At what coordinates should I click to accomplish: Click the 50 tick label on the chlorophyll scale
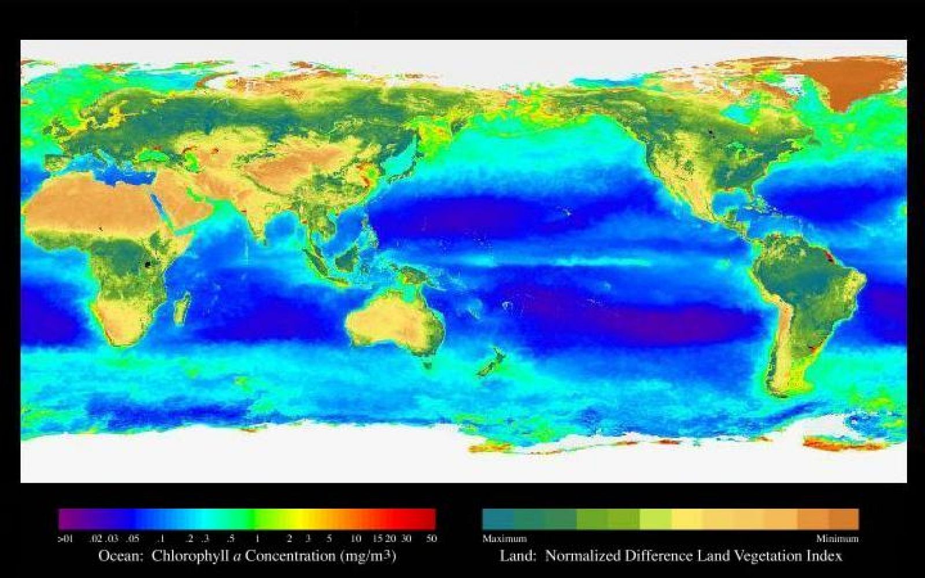[431, 539]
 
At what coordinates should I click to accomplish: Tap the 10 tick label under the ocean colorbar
[356, 539]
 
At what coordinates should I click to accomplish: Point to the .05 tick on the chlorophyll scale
[133, 539]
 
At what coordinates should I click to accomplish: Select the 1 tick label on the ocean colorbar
[257, 539]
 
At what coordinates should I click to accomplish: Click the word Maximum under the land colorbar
[504, 539]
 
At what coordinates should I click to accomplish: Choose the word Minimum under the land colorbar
[837, 539]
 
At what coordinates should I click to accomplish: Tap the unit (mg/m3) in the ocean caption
[368, 556]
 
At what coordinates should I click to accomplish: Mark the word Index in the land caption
[825, 556]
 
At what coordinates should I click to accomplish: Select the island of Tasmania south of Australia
[427, 364]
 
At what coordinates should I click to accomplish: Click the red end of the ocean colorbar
[428, 519]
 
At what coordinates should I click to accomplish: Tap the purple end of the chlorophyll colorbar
[65, 519]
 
